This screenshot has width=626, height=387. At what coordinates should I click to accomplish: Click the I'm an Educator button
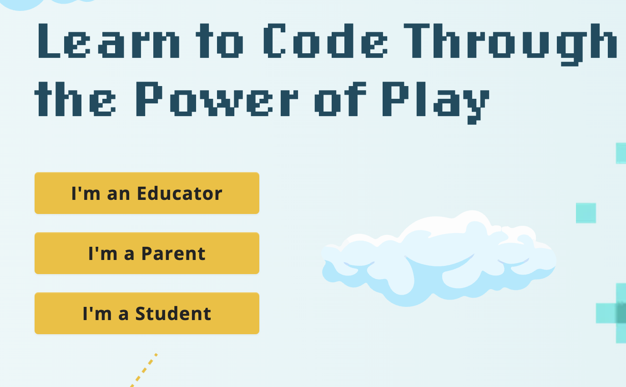[146, 193]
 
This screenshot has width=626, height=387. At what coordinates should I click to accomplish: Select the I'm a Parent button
[146, 253]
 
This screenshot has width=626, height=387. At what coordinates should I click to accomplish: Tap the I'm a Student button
[146, 313]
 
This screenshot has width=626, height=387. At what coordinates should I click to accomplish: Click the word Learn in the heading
[109, 41]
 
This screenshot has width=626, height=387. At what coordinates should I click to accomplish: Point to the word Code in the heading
[326, 41]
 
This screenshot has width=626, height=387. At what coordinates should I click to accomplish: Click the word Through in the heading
[510, 45]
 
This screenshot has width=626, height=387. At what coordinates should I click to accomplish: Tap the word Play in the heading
[436, 103]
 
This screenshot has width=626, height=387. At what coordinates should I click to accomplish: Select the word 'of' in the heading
[340, 99]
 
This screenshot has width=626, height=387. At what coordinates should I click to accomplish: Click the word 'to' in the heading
[220, 41]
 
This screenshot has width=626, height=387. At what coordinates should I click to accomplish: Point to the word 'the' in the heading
[75, 99]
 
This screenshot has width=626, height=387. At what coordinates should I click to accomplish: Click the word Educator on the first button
[180, 193]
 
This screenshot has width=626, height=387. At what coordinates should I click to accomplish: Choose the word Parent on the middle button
[173, 254]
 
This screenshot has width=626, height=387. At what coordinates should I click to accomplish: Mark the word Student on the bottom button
[173, 313]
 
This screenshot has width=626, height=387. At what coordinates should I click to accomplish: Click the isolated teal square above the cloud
[586, 213]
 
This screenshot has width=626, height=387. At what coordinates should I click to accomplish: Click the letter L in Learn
[49, 41]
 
